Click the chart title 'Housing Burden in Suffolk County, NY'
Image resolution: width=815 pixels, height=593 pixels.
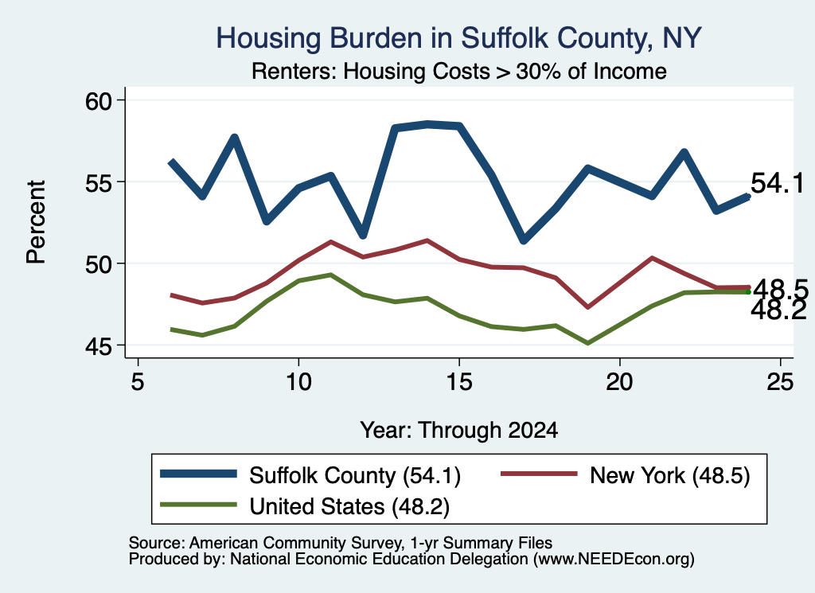459,38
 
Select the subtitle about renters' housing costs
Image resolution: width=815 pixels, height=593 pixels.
459,71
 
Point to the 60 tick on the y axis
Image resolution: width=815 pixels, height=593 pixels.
99,101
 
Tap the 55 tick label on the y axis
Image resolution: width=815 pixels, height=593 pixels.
99,182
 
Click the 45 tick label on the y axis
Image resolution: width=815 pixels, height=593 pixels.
99,346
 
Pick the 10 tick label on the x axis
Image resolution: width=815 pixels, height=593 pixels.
298,382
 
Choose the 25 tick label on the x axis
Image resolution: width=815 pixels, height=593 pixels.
780,382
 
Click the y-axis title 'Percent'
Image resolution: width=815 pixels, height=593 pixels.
37,222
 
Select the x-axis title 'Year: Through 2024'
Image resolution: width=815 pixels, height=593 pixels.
459,431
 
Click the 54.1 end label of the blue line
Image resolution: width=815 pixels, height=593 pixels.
778,183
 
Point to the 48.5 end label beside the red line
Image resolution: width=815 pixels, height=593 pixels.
781,289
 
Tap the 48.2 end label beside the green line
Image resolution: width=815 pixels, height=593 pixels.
778,310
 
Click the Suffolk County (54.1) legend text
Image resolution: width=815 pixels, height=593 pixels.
355,475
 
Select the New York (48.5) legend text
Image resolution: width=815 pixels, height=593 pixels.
670,475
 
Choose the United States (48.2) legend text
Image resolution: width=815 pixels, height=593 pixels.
349,507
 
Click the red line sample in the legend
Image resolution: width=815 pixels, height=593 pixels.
539,474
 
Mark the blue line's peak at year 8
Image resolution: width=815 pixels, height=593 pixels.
235,138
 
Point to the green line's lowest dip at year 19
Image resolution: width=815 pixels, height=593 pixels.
588,343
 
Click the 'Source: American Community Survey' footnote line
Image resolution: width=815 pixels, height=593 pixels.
341,543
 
